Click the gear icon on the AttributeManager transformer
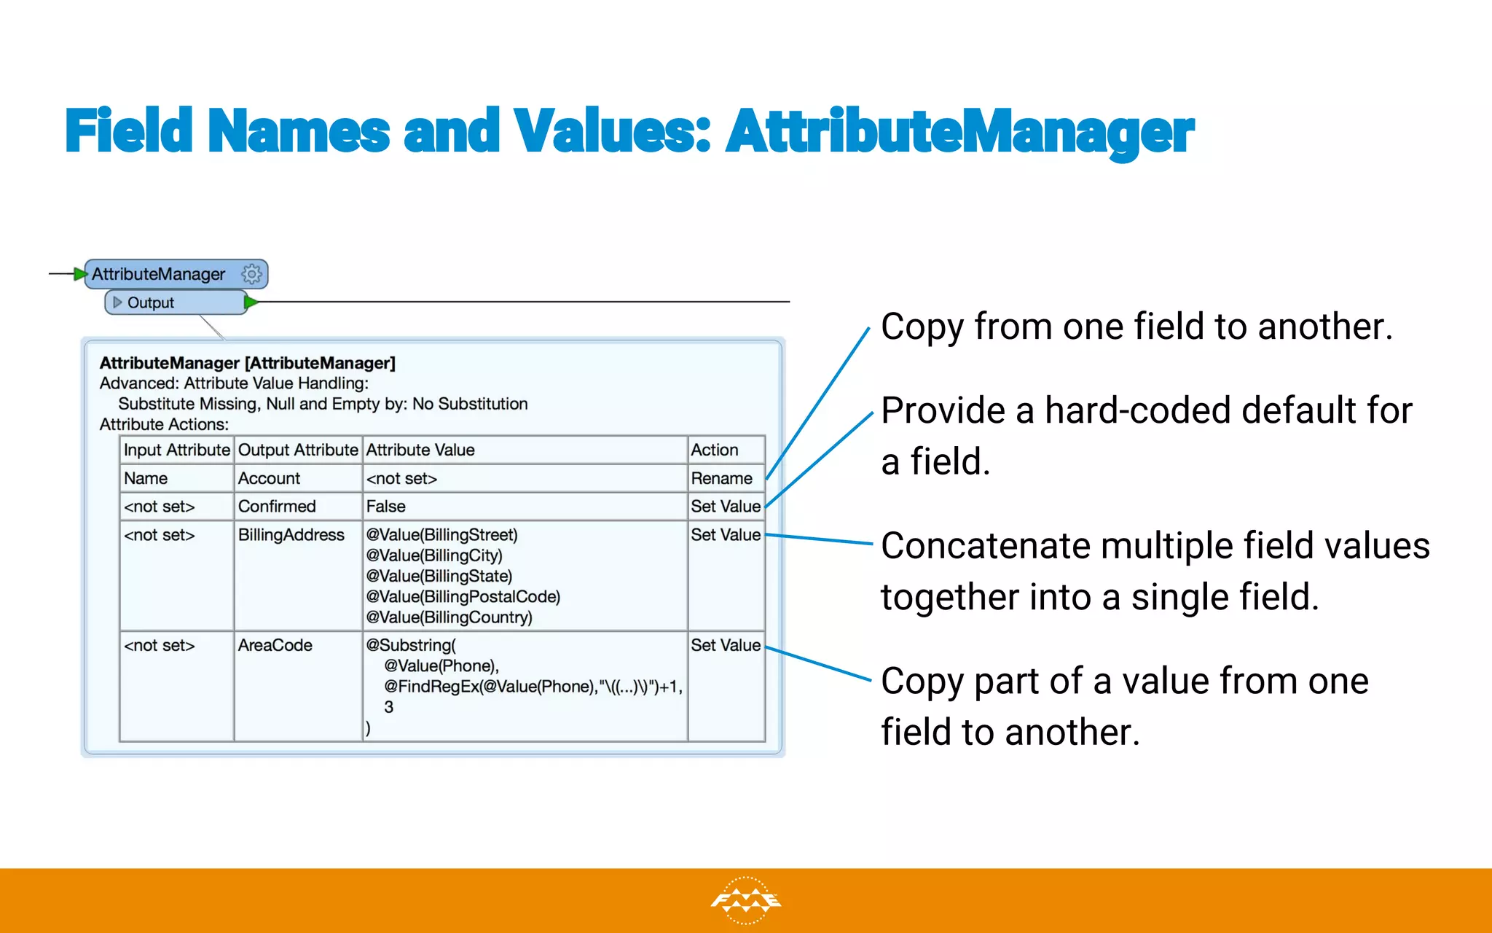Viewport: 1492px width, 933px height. pos(251,274)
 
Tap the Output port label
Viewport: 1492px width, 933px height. pos(150,302)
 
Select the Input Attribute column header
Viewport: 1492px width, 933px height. pos(176,450)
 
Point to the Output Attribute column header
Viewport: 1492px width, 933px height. pos(298,450)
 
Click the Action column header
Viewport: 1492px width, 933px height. pos(715,450)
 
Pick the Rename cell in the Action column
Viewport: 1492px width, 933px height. pos(721,478)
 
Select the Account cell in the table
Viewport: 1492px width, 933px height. pos(269,478)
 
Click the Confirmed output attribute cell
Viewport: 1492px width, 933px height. pos(277,506)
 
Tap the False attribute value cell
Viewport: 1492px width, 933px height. pos(386,506)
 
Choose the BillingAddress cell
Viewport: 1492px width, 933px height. pos(291,534)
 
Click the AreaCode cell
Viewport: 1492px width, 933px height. pos(275,645)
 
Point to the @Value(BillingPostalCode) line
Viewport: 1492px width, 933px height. pos(463,596)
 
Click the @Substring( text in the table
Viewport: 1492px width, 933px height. pos(411,645)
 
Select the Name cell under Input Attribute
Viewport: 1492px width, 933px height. pos(146,478)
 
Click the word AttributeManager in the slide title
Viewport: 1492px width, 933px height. pos(959,132)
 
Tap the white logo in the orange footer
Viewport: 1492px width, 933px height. pos(745,901)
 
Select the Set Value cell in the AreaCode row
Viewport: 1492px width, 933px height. pos(726,645)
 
